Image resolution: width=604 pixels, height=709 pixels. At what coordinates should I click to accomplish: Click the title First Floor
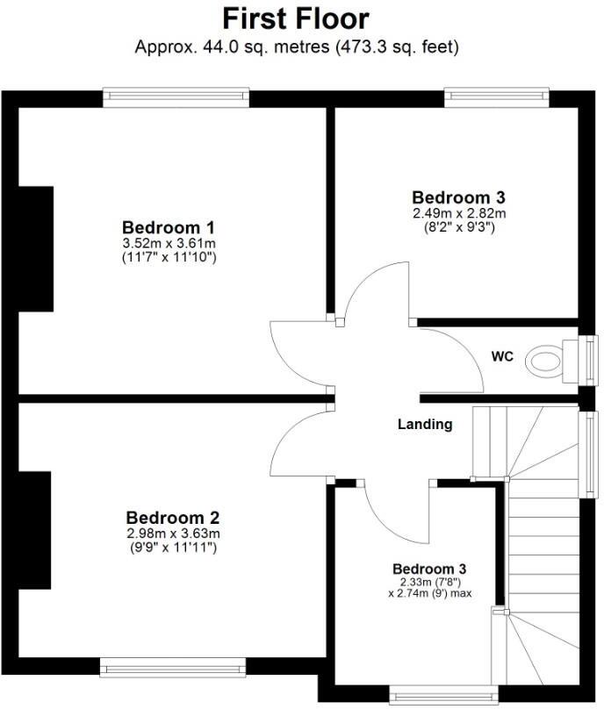(295, 18)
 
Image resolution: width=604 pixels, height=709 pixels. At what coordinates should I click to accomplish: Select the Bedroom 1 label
(169, 226)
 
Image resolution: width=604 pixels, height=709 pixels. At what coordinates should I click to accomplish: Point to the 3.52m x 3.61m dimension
(169, 242)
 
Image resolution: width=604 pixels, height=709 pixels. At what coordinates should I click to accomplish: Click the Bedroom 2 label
(172, 517)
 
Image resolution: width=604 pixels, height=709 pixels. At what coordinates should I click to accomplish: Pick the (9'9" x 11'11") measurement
(172, 548)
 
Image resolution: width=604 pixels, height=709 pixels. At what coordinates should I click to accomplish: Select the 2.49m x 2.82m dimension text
(458, 213)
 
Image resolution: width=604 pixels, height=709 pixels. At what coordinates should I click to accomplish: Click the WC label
(502, 357)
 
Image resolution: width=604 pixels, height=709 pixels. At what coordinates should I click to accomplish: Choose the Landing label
(425, 425)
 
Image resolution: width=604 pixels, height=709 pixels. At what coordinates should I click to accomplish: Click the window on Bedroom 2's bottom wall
(171, 670)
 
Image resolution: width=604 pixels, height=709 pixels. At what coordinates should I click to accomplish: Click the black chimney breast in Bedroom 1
(36, 249)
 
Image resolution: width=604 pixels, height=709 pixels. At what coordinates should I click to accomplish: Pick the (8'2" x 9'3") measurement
(458, 227)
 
